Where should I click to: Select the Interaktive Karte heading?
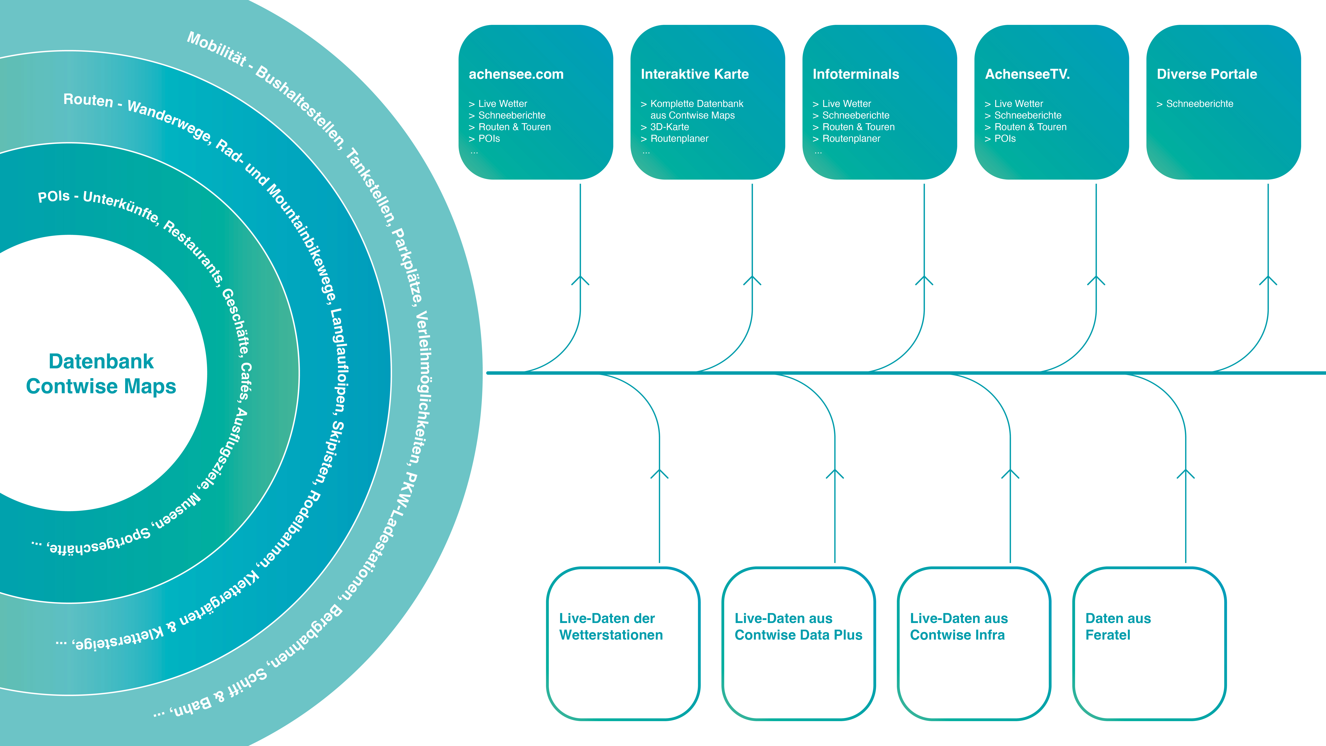point(694,74)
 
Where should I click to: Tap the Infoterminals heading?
point(855,74)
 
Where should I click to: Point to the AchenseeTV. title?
point(1027,74)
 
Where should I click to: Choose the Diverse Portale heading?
point(1207,74)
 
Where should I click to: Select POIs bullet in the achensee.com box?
point(489,138)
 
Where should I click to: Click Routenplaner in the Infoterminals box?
point(851,138)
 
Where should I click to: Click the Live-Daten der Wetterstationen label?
point(611,627)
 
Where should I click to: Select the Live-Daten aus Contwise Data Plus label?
point(798,627)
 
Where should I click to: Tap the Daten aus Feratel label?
point(1118,627)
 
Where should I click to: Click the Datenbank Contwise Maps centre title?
point(101,374)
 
